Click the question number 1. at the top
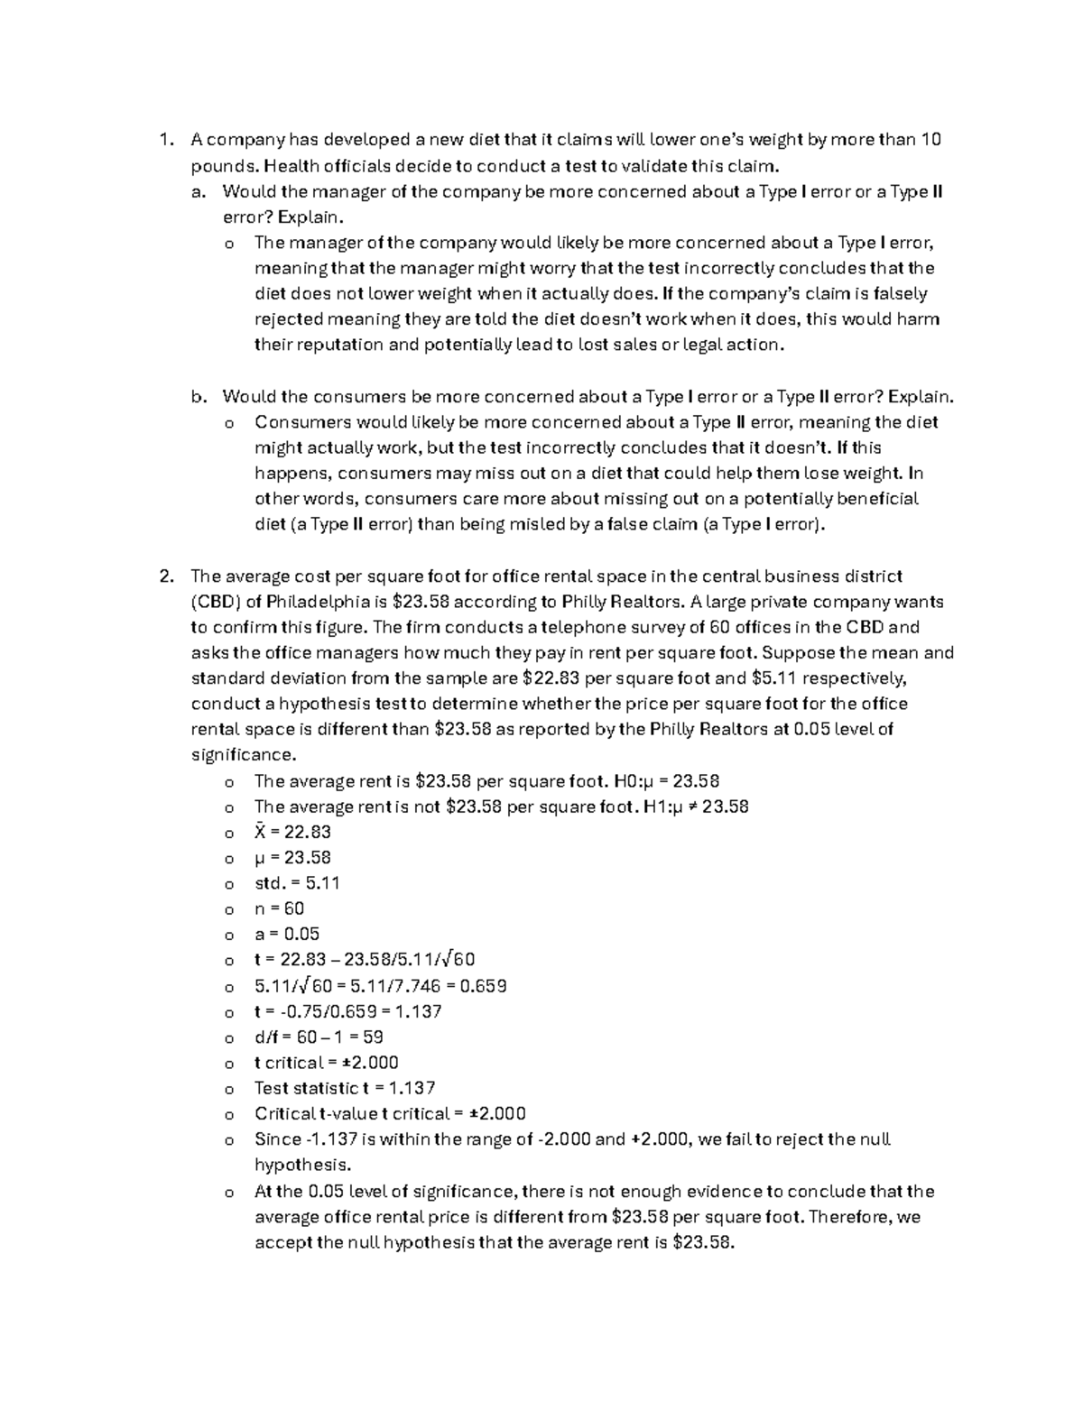tap(164, 140)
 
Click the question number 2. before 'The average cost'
tap(164, 576)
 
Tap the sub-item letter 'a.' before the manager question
tap(199, 191)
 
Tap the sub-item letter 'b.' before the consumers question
tap(199, 397)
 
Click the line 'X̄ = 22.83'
tap(292, 832)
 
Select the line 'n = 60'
tap(279, 908)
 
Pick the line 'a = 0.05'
tap(287, 934)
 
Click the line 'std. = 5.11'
tap(297, 883)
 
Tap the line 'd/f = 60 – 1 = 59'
tap(319, 1037)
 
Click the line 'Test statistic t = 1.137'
tap(345, 1088)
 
